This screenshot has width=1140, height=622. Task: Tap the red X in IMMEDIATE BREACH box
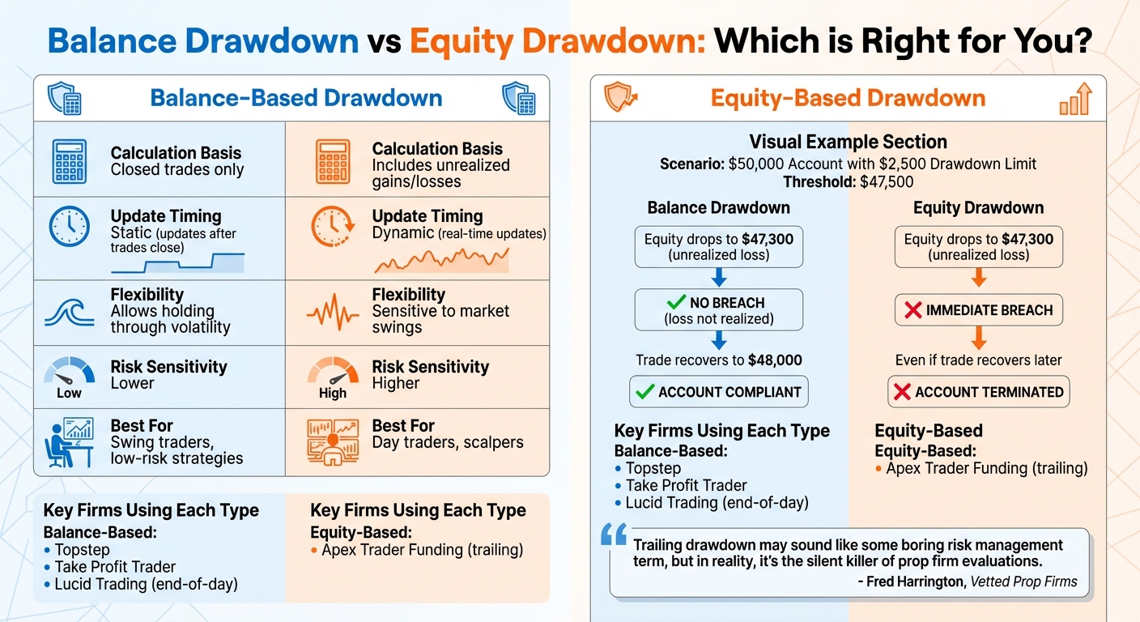coord(912,310)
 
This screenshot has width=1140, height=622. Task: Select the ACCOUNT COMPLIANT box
coord(719,392)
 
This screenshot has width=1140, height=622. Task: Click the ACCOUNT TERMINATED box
coord(978,392)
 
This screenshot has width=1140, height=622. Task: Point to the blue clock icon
coord(69,226)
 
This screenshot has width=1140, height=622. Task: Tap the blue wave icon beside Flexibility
coord(69,312)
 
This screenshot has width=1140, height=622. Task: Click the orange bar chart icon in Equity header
coord(1075,100)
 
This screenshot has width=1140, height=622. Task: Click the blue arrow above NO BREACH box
coord(718,278)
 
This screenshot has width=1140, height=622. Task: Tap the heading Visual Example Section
coord(848,142)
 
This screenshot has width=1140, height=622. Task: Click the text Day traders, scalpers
coord(448,443)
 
